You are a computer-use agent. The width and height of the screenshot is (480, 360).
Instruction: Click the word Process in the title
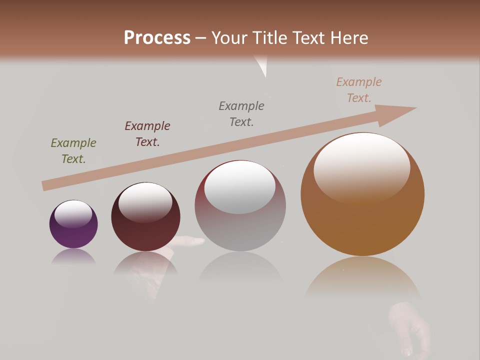(157, 37)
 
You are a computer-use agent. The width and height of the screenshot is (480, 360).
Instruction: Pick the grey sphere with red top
(240, 220)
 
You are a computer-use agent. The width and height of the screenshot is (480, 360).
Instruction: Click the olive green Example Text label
(73, 151)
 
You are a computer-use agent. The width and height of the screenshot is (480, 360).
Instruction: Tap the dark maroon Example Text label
(147, 133)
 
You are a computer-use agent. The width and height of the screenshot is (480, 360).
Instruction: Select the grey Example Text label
(241, 113)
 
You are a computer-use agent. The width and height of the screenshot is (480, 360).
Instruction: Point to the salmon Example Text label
(359, 90)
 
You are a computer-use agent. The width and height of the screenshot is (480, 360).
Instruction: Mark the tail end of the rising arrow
(46, 185)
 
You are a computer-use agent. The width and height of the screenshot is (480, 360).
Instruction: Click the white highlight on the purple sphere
(73, 213)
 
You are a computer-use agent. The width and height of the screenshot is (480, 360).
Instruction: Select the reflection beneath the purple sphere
(73, 257)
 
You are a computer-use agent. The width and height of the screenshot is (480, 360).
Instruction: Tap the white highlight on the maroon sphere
(145, 202)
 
